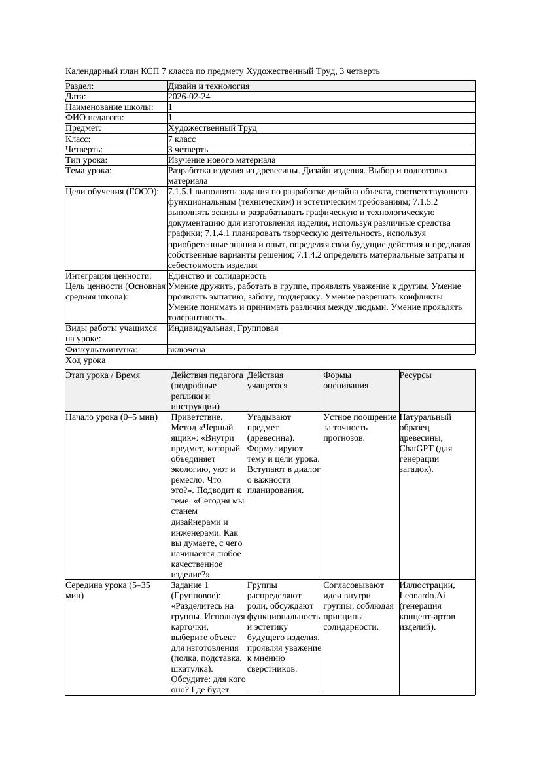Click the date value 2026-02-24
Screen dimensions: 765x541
click(x=189, y=97)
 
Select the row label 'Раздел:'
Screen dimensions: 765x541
click(x=80, y=86)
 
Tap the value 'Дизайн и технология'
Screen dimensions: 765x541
click(x=208, y=86)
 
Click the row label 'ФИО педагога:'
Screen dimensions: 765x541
click(x=95, y=118)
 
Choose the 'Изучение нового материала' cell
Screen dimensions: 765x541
click(x=221, y=160)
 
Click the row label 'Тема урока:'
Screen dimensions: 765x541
click(x=88, y=171)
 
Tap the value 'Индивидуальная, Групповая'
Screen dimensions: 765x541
click(x=223, y=328)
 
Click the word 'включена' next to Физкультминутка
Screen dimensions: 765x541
click(x=186, y=350)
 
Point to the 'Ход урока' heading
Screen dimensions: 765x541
click(x=85, y=360)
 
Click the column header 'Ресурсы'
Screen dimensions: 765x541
click(x=415, y=375)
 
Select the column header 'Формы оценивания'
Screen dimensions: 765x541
click(x=346, y=381)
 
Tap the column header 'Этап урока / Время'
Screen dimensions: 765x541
click(x=103, y=375)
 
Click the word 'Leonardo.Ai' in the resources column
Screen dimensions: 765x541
click(x=422, y=596)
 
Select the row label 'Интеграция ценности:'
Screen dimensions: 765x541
click(x=108, y=276)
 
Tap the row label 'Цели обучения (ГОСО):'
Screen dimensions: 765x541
click(x=112, y=192)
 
